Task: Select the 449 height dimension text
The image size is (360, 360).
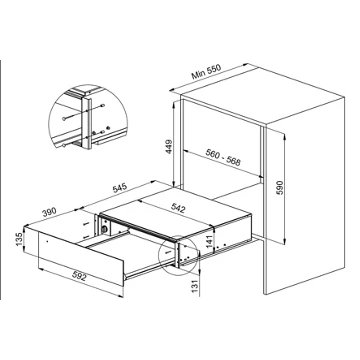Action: click(x=169, y=147)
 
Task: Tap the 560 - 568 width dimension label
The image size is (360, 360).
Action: click(x=223, y=158)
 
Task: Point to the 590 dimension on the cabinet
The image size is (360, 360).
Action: click(x=279, y=187)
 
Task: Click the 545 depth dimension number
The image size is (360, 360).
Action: click(x=120, y=189)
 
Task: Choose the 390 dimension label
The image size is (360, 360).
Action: click(x=49, y=212)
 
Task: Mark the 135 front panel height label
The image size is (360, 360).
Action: click(x=19, y=240)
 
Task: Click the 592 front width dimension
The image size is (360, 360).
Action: click(x=79, y=277)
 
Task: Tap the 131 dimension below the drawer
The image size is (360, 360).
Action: click(x=194, y=285)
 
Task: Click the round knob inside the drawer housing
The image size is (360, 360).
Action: click(x=105, y=229)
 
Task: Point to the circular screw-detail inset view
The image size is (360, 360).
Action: click(x=88, y=116)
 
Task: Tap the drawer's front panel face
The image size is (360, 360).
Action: click(x=81, y=258)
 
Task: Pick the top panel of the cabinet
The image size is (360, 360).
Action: click(x=262, y=97)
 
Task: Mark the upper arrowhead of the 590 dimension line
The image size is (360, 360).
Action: click(x=284, y=137)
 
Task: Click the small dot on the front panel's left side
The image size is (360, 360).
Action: click(x=47, y=241)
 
